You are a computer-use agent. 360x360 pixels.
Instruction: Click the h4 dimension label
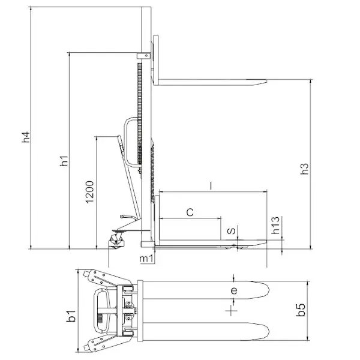(26, 137)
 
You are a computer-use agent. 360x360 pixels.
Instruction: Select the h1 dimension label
(64, 160)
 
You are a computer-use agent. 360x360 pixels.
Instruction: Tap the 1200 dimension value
(90, 192)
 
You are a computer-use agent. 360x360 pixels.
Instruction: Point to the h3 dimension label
(304, 169)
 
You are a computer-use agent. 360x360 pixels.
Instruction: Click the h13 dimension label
(275, 225)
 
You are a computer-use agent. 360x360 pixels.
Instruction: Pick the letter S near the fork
(231, 231)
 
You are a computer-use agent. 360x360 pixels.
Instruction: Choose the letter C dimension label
(190, 212)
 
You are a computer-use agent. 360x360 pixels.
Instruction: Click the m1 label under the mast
(146, 259)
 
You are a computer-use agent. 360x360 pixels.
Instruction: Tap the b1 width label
(71, 316)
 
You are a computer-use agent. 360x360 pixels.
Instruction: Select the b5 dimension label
(301, 310)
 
